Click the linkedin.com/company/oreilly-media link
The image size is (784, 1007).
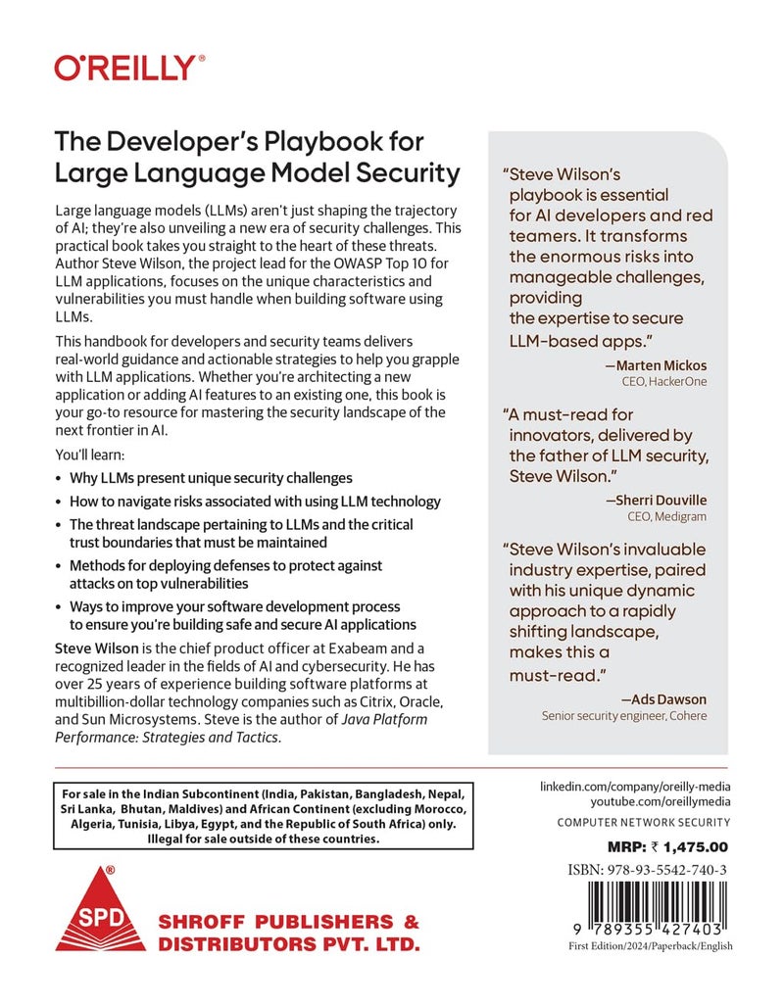[x=636, y=787]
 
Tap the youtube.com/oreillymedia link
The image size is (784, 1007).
[x=636, y=803]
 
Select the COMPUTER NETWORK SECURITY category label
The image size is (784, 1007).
[x=643, y=822]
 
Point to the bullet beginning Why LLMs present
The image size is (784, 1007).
[x=211, y=478]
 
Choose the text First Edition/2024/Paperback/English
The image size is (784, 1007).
[x=650, y=945]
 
